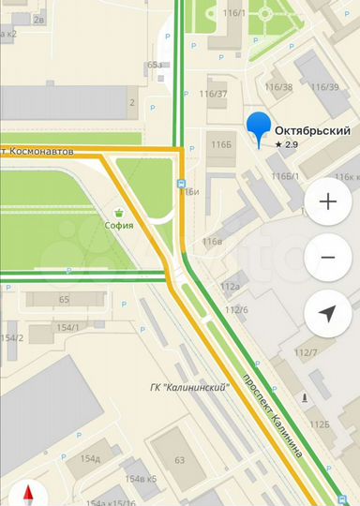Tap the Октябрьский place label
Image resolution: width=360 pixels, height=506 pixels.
312,130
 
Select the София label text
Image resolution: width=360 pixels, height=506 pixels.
119,225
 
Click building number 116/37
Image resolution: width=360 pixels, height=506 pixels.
213,93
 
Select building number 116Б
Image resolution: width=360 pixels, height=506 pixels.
221,145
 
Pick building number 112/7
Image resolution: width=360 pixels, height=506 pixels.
307,352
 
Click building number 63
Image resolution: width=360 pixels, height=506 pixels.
179,460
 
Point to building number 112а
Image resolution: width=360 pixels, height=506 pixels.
230,286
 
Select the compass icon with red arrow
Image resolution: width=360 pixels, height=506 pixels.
26,495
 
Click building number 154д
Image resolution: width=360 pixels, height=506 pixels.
90,458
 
